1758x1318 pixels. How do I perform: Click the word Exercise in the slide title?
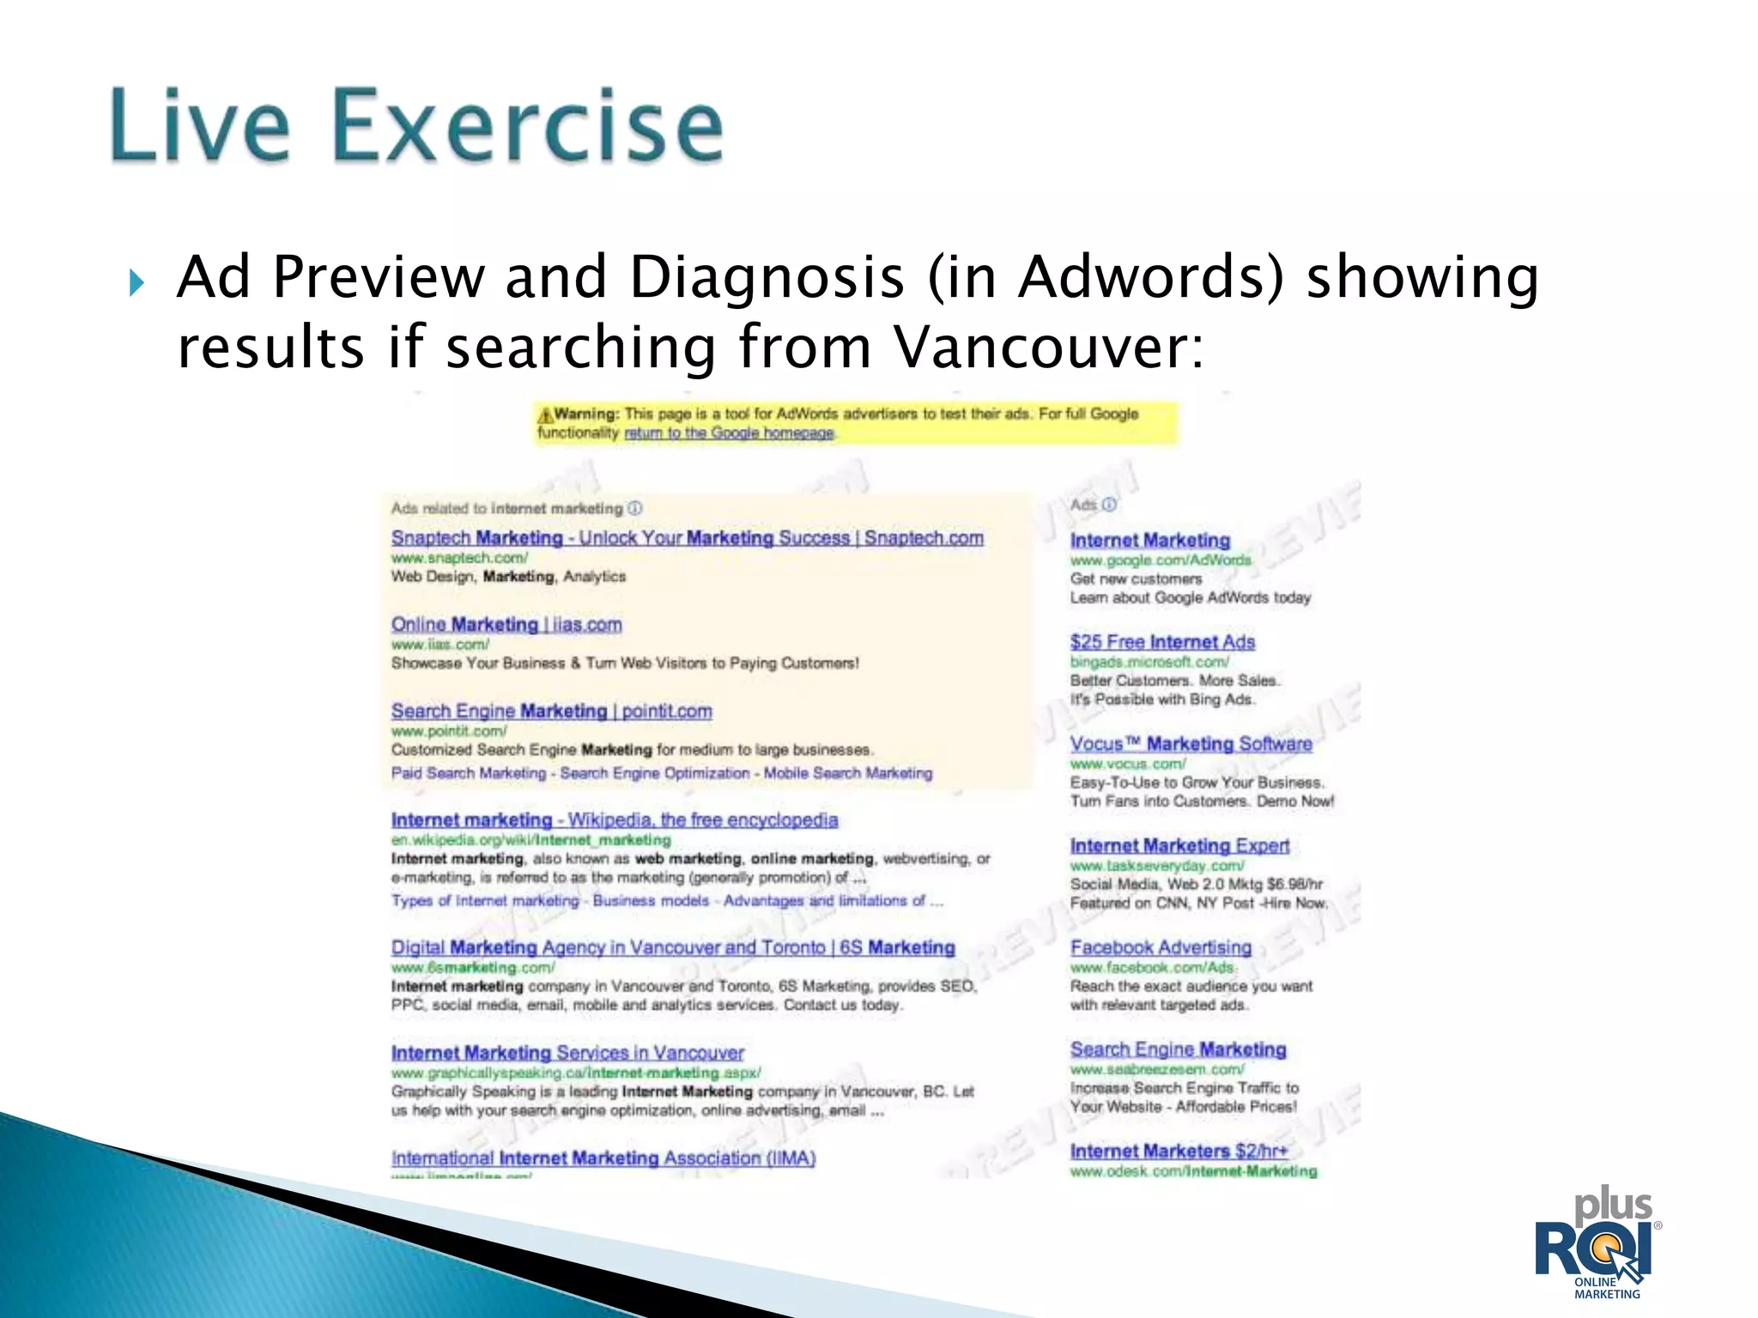527,126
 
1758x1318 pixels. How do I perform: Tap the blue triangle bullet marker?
136,282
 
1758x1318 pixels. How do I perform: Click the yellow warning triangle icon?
544,415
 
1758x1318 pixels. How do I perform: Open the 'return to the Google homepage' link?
729,433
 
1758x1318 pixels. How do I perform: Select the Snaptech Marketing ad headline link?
687,538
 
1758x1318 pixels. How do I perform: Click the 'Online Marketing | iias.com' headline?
506,625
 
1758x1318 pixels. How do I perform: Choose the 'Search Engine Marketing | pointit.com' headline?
551,711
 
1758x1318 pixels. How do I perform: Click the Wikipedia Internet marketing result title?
614,820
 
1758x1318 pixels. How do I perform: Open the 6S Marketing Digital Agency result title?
673,947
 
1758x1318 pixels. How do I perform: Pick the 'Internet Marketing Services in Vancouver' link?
567,1053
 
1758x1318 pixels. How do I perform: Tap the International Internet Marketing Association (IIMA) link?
603,1158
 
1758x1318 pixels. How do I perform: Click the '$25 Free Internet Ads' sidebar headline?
1162,642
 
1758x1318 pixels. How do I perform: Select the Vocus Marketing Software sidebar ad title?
1191,744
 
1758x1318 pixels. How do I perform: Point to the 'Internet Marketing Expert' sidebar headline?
1179,846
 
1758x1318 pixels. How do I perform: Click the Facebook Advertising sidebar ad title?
1161,947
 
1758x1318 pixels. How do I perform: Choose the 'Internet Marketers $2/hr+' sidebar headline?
1179,1152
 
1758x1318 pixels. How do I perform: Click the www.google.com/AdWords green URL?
1161,560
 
